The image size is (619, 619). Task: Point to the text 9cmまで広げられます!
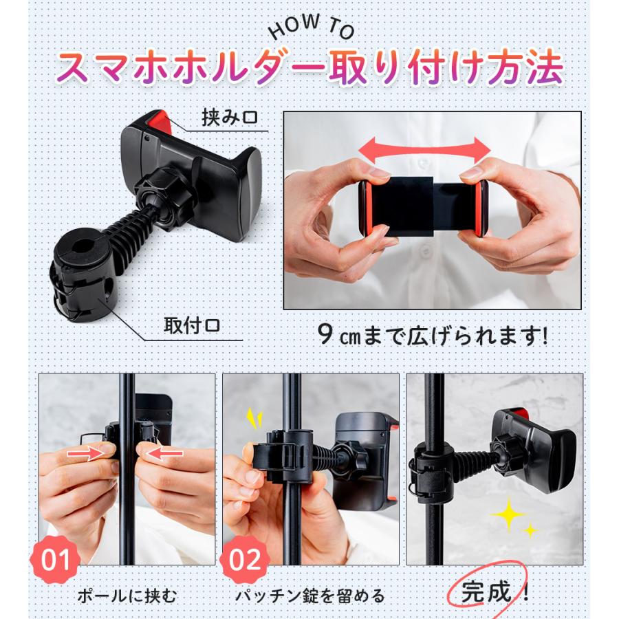point(434,336)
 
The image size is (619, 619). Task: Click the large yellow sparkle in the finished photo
point(508,515)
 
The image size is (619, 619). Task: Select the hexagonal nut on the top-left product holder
point(155,190)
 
